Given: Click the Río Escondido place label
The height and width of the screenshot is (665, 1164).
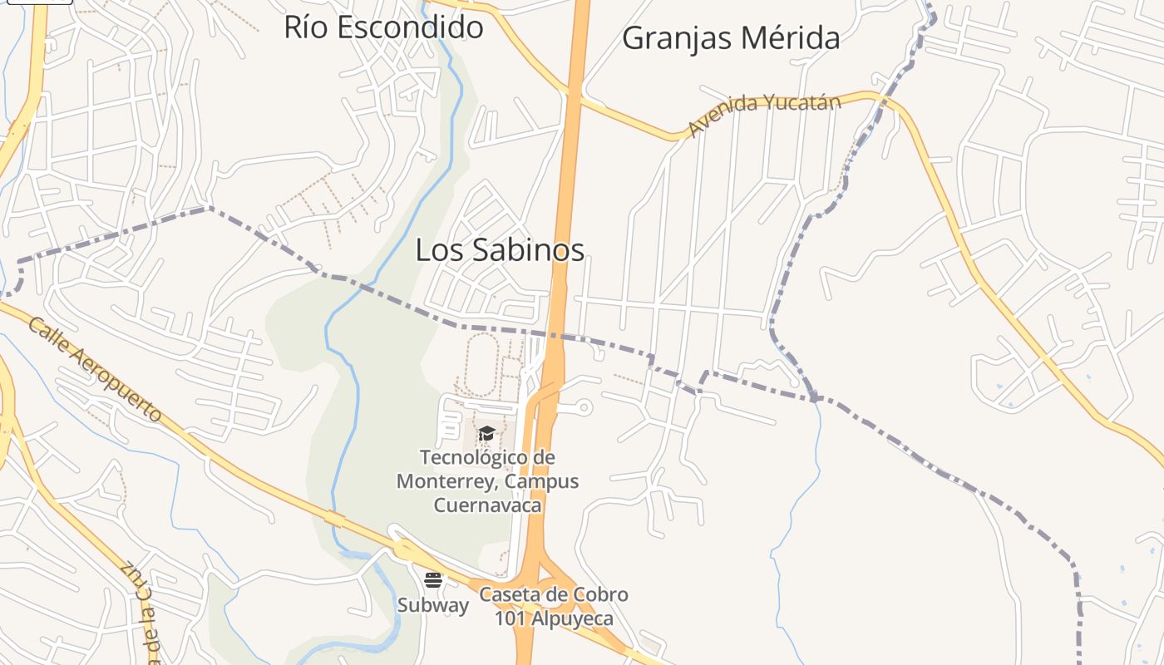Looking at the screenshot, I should (383, 27).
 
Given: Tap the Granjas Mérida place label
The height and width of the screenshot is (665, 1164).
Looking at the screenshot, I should (731, 38).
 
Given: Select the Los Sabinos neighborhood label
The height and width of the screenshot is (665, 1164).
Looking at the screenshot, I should (500, 249).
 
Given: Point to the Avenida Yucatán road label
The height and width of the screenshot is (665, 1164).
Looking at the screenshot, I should (764, 114).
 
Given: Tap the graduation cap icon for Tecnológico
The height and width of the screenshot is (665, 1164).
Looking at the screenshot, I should (486, 433).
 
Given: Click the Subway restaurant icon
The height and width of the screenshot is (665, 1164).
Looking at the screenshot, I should (432, 579).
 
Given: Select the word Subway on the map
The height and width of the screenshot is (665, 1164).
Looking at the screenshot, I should (432, 605).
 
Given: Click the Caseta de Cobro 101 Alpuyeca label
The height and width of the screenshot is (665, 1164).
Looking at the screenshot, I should (554, 606).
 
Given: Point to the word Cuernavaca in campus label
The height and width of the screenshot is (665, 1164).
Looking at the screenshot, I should (487, 505).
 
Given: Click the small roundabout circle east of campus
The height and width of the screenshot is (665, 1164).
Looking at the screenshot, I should (584, 407).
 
